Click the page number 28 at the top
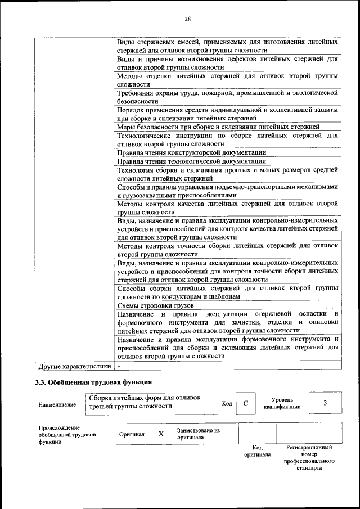click(x=187, y=19)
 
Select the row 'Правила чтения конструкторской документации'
click(x=191, y=152)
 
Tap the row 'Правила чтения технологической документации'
click(x=191, y=161)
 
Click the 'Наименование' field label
click(x=57, y=405)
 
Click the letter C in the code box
click(x=245, y=403)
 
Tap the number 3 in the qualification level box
click(x=325, y=403)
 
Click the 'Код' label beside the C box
click(x=227, y=404)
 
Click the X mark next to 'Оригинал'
click(x=161, y=434)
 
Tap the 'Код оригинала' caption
click(x=257, y=451)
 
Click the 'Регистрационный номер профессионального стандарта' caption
click(x=309, y=458)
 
